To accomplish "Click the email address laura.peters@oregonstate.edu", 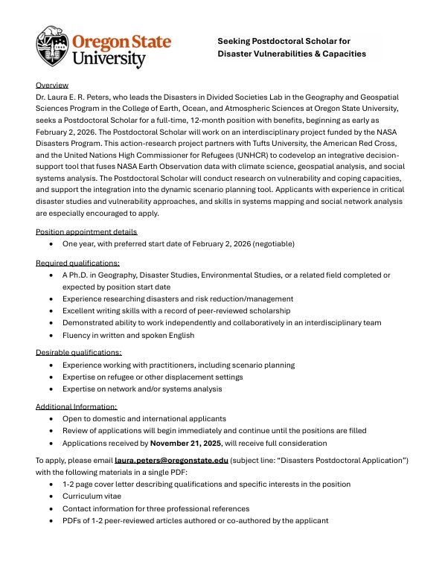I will click(x=171, y=461).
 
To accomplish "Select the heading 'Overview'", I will click(x=52, y=85).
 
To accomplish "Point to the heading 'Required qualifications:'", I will click(x=77, y=263).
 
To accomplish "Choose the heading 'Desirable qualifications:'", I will click(x=79, y=352).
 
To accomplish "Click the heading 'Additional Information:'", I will click(x=77, y=406).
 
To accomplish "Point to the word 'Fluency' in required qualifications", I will click(x=77, y=335).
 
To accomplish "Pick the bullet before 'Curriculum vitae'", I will click(x=51, y=497).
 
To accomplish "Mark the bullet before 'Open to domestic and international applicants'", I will click(x=51, y=419).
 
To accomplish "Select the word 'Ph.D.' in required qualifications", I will click(x=81, y=275).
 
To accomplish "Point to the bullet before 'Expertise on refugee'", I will click(x=51, y=377).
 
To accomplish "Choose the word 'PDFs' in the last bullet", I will click(x=73, y=520).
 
